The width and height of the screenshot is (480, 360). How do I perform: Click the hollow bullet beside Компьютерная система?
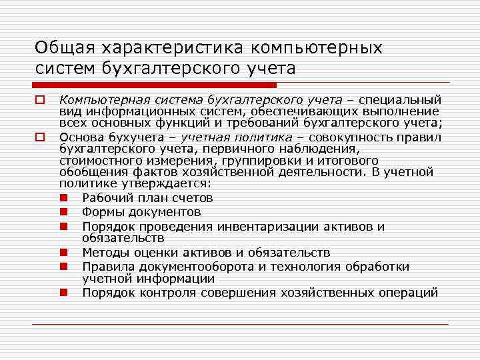tap(40, 100)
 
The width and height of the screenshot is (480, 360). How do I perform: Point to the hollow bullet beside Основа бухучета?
tap(40, 137)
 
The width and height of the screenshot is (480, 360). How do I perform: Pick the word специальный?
tap(401, 100)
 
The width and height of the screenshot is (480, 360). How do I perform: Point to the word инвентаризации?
tap(275, 227)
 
